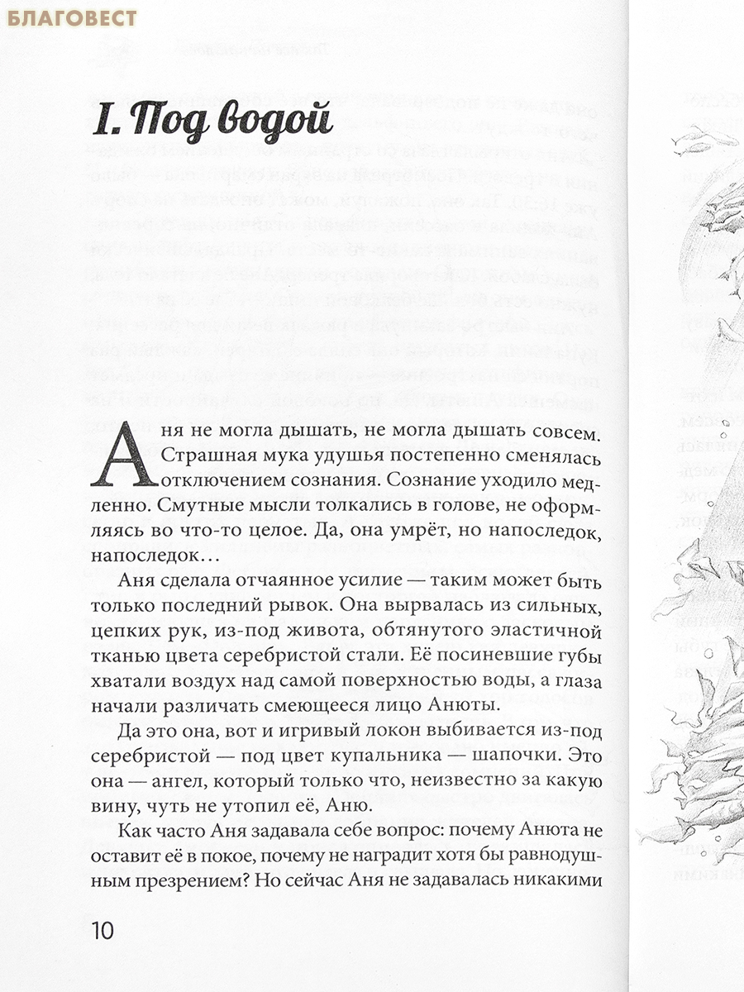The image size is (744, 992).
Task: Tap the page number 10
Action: click(100, 930)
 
